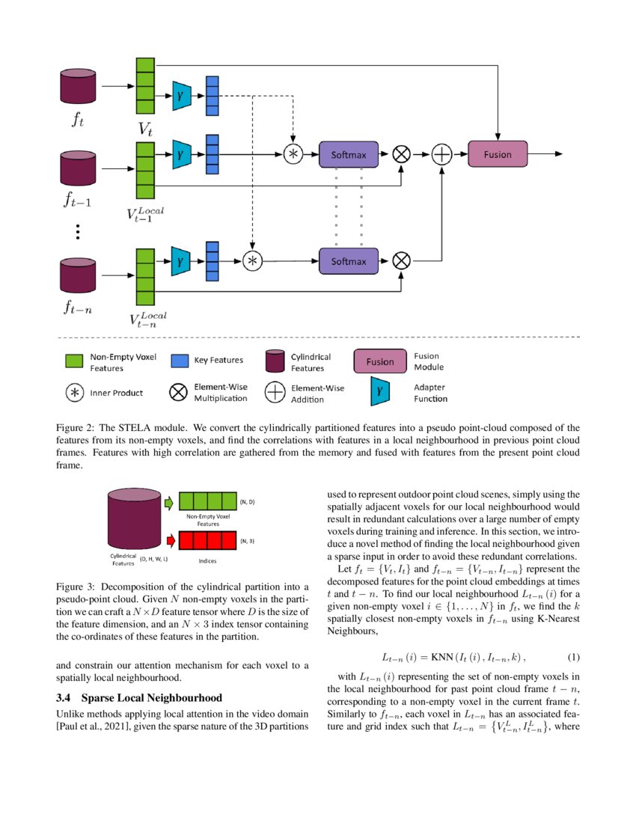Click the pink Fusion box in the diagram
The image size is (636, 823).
tap(498, 154)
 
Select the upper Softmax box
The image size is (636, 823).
tap(349, 155)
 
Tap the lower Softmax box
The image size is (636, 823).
tap(349, 261)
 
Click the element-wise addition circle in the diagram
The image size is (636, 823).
tap(442, 154)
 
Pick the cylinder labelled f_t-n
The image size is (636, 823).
tap(79, 276)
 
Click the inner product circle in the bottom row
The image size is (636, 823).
tap(253, 260)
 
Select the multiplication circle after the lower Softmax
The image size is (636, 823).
tap(402, 260)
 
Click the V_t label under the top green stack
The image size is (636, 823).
tap(146, 129)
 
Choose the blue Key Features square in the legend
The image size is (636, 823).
tap(180, 361)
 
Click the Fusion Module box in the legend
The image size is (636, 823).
tap(379, 361)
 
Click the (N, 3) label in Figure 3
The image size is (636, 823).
tap(248, 540)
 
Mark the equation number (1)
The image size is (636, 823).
tap(574, 658)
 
